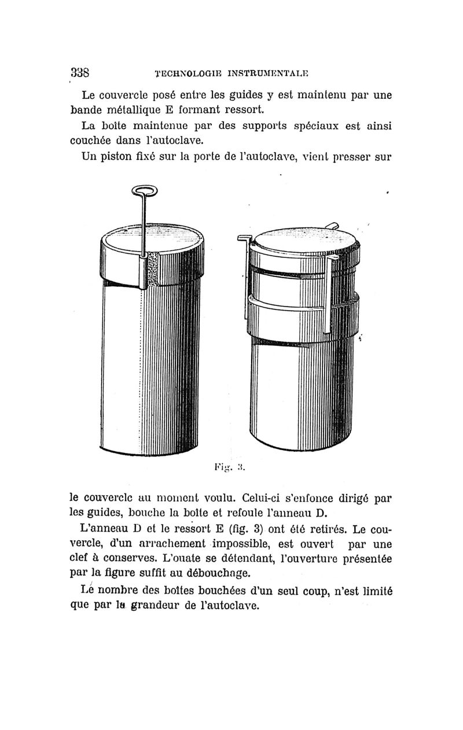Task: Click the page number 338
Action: [x=79, y=73]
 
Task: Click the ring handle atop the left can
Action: [x=142, y=190]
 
